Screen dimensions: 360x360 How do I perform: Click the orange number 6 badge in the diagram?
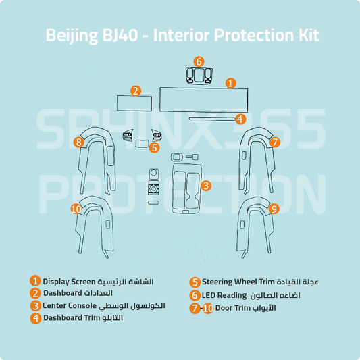[x=199, y=61]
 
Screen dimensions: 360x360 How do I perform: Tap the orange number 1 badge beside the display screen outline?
[x=231, y=83]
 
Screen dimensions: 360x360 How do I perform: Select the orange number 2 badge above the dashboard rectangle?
[x=136, y=91]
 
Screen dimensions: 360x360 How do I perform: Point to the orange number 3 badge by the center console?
[x=206, y=186]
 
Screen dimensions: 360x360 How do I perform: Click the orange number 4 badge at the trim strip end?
[x=240, y=119]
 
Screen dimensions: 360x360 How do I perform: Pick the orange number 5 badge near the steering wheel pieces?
[x=154, y=147]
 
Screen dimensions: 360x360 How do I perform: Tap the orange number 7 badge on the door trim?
[x=275, y=142]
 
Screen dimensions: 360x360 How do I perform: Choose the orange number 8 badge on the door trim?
[x=79, y=142]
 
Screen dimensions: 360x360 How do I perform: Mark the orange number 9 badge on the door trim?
[x=274, y=209]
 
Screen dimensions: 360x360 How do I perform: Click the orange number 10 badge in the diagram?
[x=76, y=209]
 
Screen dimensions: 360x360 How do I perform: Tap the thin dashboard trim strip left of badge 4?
[x=212, y=119]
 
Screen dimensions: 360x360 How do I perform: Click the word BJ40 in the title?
[x=120, y=35]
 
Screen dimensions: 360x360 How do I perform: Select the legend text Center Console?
[x=70, y=305]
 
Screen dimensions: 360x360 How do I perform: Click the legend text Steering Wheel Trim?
[x=238, y=282]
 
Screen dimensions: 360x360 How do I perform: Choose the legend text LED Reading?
[x=224, y=295]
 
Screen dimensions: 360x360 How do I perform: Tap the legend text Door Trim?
[x=232, y=308]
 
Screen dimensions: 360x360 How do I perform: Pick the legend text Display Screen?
[x=69, y=282]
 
